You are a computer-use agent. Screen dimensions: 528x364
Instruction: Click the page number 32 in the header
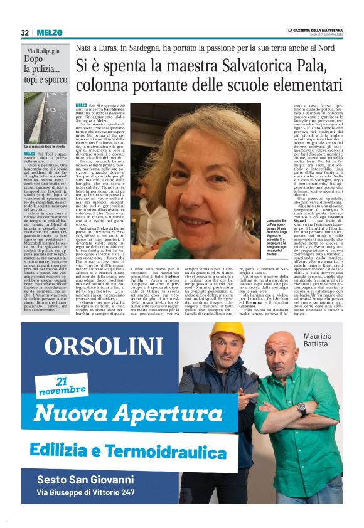click(x=24, y=33)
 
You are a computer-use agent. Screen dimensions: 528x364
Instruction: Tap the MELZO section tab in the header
click(x=48, y=33)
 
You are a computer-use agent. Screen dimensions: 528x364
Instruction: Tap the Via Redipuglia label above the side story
click(x=45, y=50)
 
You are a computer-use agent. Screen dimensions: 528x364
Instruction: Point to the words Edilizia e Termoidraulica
click(x=127, y=451)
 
